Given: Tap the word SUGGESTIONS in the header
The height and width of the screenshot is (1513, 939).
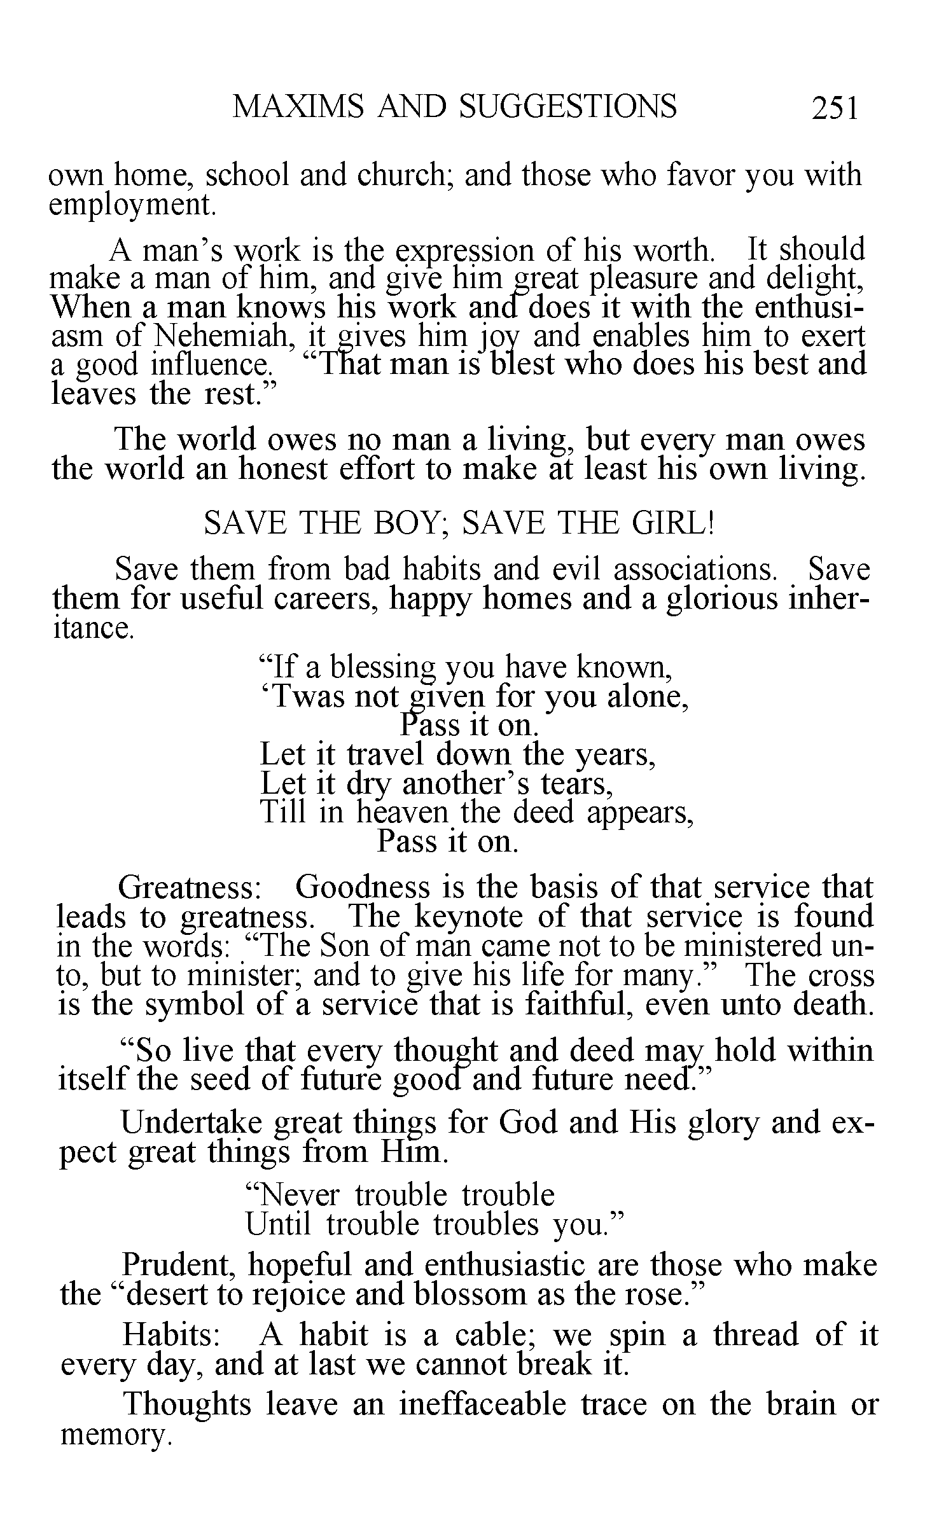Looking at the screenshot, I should (x=567, y=106).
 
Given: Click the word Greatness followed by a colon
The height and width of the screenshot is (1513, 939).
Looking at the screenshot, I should (x=190, y=888).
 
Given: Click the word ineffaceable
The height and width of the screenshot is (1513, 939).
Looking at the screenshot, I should (x=482, y=1405).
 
